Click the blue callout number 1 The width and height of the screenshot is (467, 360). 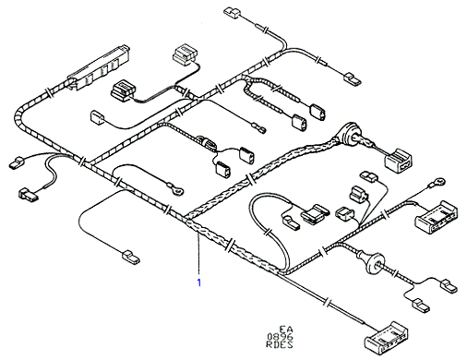click(199, 282)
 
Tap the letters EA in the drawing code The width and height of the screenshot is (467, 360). click(286, 330)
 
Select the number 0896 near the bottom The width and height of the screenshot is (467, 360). click(280, 337)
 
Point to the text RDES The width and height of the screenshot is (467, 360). click(280, 344)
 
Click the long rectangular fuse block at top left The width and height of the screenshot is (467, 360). click(99, 67)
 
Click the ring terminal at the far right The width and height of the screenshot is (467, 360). click(438, 182)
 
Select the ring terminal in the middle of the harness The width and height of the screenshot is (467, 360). click(175, 188)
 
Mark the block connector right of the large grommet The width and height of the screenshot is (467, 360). click(399, 162)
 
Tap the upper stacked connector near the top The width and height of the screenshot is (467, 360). click(185, 54)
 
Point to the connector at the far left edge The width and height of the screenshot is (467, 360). click(18, 163)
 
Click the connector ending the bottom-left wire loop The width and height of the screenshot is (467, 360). click(131, 258)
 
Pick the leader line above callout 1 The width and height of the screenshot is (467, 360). click(198, 253)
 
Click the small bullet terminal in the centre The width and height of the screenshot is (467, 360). click(258, 128)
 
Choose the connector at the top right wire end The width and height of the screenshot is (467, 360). click(352, 78)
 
